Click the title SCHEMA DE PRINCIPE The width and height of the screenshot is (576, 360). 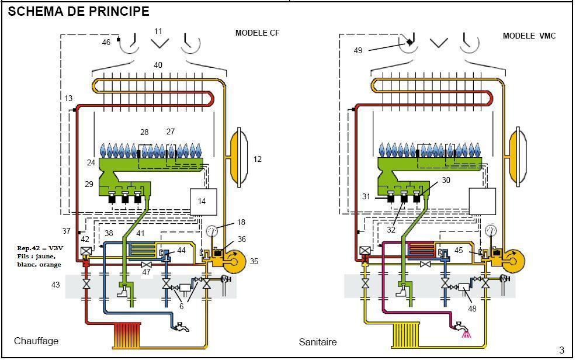click(x=79, y=11)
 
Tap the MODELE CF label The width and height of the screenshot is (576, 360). click(x=257, y=33)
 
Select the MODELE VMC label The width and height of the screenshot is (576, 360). click(x=529, y=36)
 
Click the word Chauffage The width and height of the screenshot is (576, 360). click(x=36, y=341)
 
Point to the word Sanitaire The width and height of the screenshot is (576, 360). click(x=318, y=342)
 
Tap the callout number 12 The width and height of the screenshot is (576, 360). click(x=258, y=159)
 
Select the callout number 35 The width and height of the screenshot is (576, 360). click(x=254, y=262)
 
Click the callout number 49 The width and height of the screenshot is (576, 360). click(x=358, y=50)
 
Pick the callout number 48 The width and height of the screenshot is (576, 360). click(x=472, y=309)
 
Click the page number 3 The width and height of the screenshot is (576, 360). click(x=561, y=351)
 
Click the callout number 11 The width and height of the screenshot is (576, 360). click(x=158, y=31)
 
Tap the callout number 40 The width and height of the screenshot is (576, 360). click(x=158, y=65)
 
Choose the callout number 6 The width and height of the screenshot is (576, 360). click(x=182, y=307)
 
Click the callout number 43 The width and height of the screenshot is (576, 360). click(x=56, y=285)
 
